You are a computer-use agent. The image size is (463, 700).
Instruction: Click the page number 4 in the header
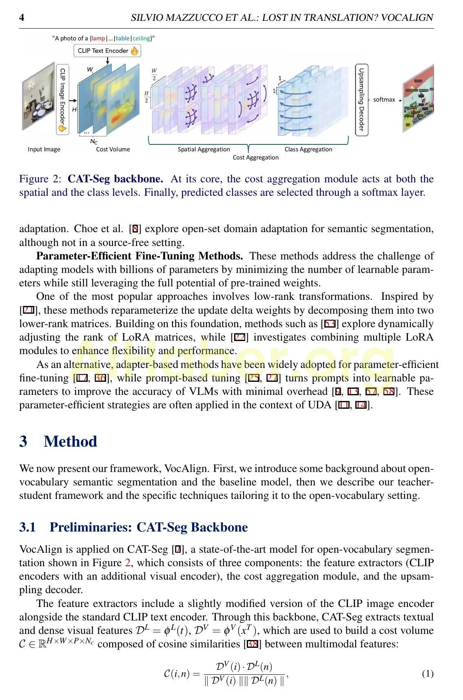[22, 18]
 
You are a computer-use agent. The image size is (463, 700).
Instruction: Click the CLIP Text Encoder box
[107, 51]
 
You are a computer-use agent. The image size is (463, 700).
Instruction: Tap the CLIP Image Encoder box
[62, 99]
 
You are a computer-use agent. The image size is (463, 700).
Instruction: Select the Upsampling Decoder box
[361, 99]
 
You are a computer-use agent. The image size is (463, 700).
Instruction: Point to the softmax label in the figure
[384, 100]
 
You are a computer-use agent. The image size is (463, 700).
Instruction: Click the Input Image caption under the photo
[44, 149]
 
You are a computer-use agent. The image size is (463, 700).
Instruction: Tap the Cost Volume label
[113, 149]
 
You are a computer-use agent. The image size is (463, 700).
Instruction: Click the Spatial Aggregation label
[204, 149]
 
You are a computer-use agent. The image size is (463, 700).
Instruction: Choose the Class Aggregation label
[308, 149]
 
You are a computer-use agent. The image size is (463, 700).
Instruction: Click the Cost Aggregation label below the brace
[255, 157]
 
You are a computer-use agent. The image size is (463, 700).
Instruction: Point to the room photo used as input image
[38, 97]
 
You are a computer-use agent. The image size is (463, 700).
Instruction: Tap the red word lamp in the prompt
[98, 38]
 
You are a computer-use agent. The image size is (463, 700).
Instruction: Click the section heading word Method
[70, 442]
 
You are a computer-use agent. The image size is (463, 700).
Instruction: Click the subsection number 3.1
[27, 527]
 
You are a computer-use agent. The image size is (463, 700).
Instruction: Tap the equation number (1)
[428, 674]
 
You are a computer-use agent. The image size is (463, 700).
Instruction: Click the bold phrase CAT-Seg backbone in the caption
[115, 179]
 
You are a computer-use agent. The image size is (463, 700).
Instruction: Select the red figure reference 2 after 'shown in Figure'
[128, 563]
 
